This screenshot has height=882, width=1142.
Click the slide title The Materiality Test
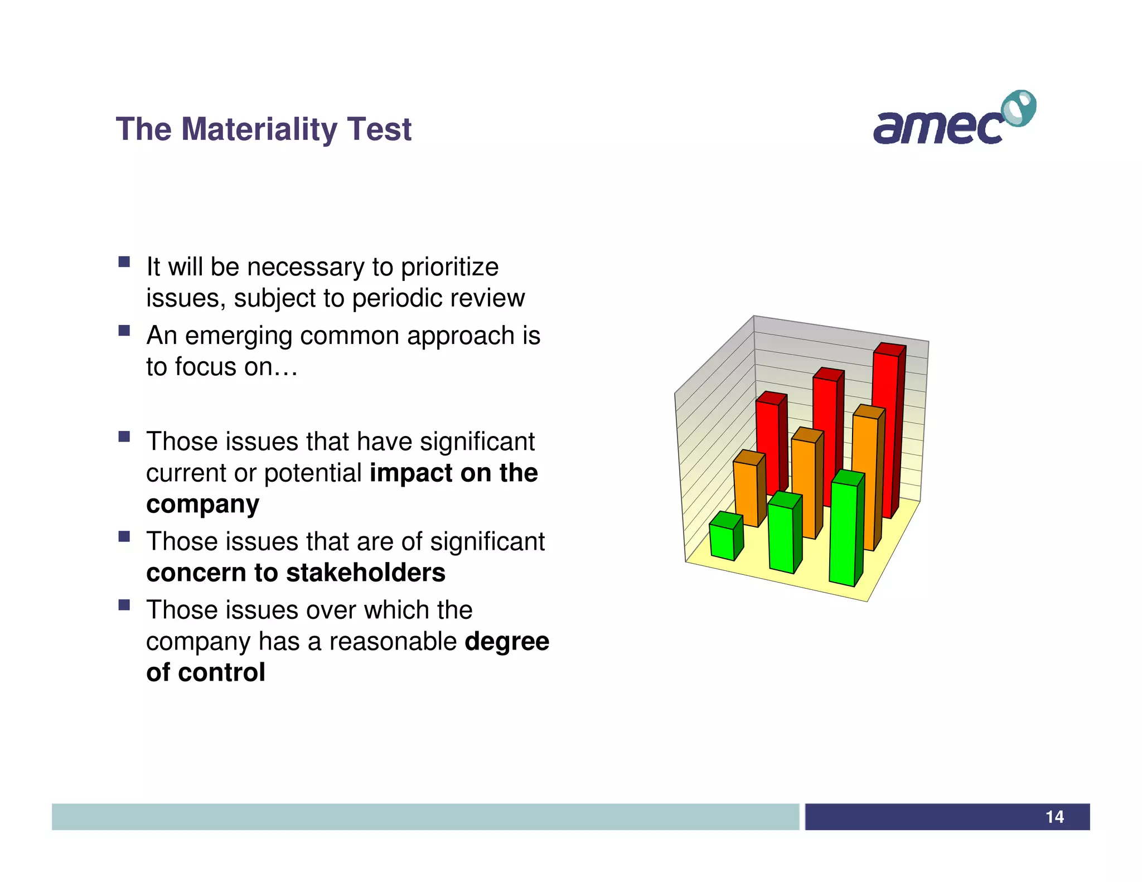click(263, 129)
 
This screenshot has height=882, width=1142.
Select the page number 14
click(1054, 817)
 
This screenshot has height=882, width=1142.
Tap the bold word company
click(202, 505)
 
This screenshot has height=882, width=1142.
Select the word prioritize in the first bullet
click(449, 267)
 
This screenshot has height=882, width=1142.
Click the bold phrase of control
click(206, 672)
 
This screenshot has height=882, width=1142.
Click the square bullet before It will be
click(124, 262)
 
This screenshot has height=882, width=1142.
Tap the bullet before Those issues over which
click(124, 605)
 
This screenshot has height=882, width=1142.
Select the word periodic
click(389, 298)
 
